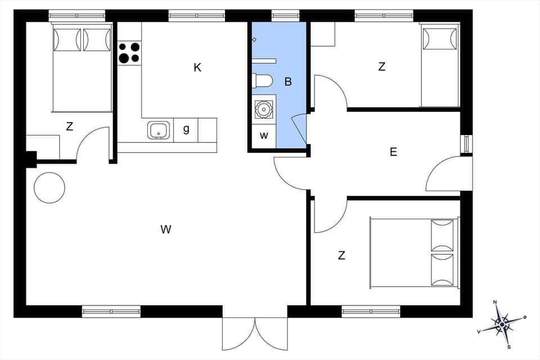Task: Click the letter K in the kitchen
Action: pyautogui.click(x=197, y=67)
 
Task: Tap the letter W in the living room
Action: pyautogui.click(x=165, y=229)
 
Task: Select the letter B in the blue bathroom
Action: pyautogui.click(x=288, y=82)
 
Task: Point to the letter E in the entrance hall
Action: pyautogui.click(x=393, y=151)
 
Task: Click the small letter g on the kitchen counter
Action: pyautogui.click(x=186, y=129)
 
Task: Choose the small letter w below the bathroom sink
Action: pyautogui.click(x=264, y=136)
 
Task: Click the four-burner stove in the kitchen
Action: pyautogui.click(x=129, y=53)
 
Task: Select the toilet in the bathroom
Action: pyautogui.click(x=262, y=81)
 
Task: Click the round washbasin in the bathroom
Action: pyautogui.click(x=263, y=109)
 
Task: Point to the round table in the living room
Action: pyautogui.click(x=49, y=187)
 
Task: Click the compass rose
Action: pyautogui.click(x=502, y=324)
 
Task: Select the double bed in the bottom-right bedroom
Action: pyautogui.click(x=414, y=253)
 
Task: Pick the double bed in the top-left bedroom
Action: pyautogui.click(x=82, y=67)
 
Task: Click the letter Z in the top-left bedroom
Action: pyautogui.click(x=69, y=127)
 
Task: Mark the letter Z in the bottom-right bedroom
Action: pyautogui.click(x=341, y=255)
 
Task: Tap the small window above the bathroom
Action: pyautogui.click(x=286, y=16)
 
